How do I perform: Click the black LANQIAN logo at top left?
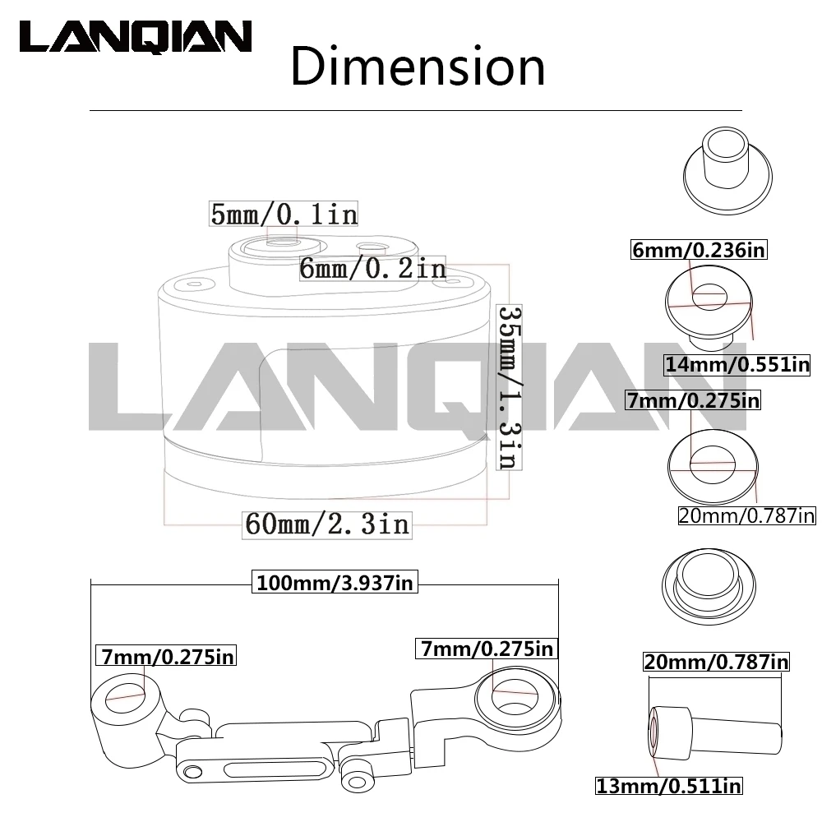(136, 37)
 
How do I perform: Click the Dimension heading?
(418, 67)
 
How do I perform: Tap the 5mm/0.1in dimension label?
(284, 214)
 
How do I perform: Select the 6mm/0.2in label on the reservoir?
(372, 269)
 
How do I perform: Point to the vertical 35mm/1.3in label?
(509, 387)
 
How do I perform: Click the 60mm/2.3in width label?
(328, 524)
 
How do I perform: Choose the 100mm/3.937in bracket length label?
(335, 582)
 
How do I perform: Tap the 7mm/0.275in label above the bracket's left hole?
(166, 656)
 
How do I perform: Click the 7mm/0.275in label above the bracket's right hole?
(487, 649)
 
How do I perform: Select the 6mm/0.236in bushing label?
(698, 250)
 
